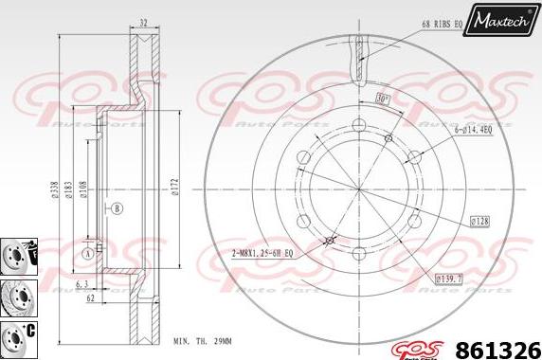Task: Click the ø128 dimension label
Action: [x=479, y=222]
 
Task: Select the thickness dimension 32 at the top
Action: [x=142, y=23]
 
